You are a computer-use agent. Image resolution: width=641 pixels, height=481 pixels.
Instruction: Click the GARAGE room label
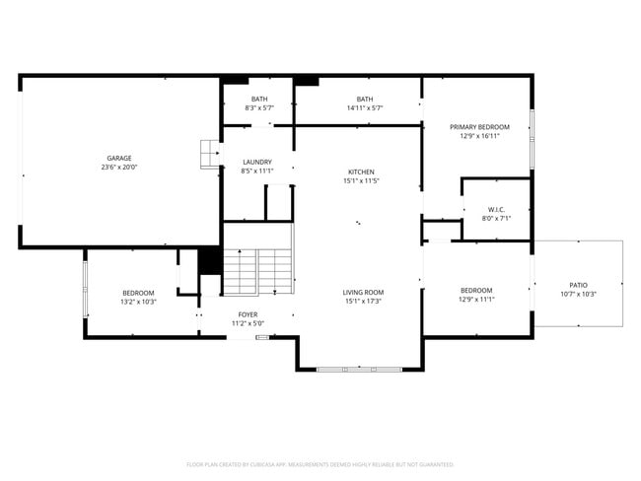tap(119, 158)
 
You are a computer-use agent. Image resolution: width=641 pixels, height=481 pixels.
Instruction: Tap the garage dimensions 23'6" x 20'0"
tap(119, 168)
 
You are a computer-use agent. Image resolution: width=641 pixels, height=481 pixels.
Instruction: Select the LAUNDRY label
tap(256, 162)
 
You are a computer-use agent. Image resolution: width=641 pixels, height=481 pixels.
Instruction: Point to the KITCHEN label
tap(361, 172)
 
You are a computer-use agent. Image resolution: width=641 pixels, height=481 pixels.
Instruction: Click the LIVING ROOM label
tap(363, 292)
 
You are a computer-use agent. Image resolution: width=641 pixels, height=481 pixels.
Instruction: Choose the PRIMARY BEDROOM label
tap(479, 127)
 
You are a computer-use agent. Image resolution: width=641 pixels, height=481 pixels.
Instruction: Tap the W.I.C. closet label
tap(496, 209)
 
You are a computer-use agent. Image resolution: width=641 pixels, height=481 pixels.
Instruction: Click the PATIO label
tap(578, 284)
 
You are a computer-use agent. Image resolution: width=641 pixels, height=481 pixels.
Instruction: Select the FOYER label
tap(248, 314)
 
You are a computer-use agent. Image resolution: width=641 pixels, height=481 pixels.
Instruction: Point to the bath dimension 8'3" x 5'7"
tap(258, 107)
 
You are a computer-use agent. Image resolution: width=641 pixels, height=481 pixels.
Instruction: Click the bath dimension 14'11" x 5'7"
tap(365, 107)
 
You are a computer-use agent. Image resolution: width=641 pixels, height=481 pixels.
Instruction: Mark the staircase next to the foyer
tap(257, 271)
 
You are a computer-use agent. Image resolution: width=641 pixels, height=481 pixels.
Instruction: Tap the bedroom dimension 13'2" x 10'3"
tap(138, 302)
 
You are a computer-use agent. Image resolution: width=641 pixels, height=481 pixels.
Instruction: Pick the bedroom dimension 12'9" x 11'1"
tap(476, 300)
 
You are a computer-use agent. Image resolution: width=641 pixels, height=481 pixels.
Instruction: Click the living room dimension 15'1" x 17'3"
tap(363, 302)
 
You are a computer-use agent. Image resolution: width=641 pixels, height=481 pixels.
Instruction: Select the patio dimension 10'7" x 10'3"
tap(578, 294)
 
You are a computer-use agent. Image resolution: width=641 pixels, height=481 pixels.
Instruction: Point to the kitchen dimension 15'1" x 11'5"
tap(361, 181)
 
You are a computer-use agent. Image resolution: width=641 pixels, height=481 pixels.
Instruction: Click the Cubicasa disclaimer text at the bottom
tap(320, 463)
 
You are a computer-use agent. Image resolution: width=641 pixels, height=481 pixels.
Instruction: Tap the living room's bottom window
tap(359, 370)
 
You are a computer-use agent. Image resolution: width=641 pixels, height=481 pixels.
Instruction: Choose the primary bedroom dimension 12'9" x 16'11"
tap(479, 137)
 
